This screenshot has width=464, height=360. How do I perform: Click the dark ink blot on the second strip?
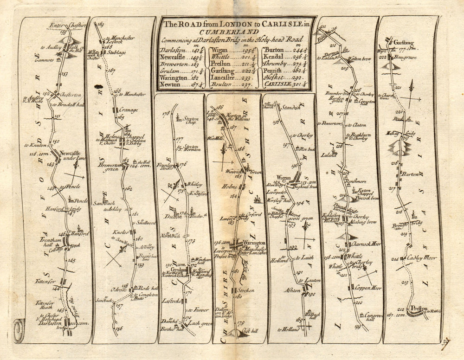(x=98, y=86)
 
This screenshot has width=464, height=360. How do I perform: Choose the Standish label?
(x=291, y=107)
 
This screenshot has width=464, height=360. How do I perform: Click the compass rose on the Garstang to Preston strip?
(x=410, y=97)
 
